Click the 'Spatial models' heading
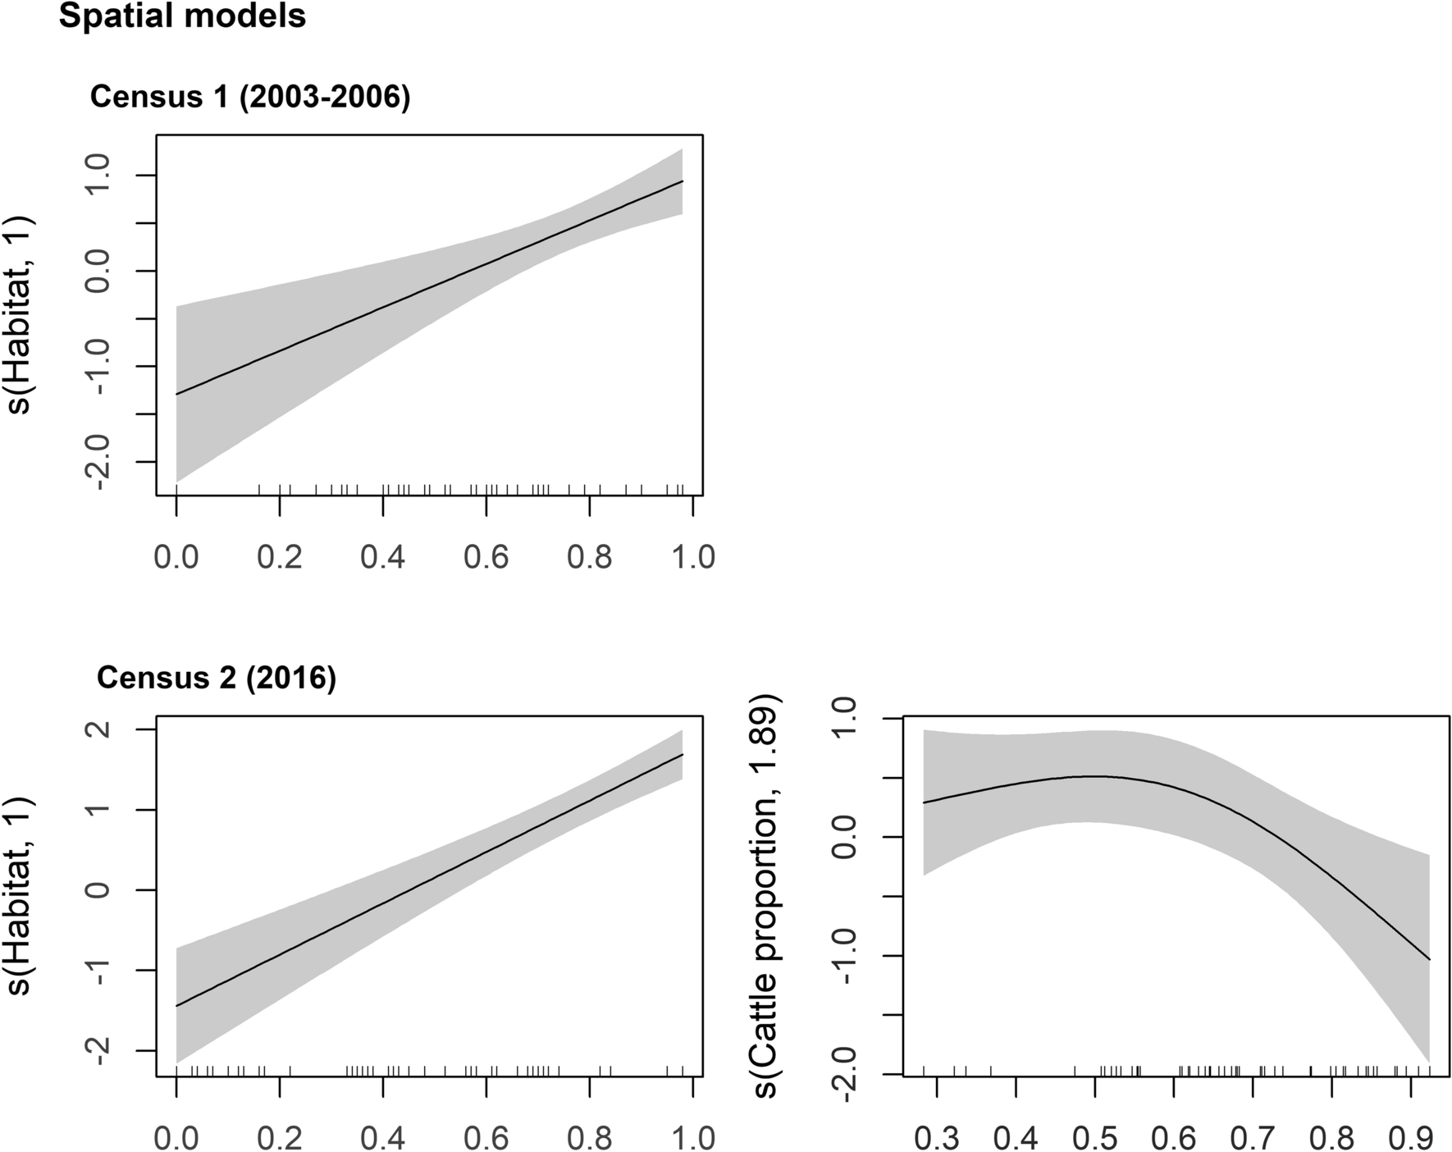(182, 16)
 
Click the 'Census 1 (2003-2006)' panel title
(250, 97)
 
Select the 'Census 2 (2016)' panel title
(217, 678)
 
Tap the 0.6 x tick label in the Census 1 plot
(486, 557)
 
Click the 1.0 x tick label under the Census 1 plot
(693, 557)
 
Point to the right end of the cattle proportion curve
(1430, 959)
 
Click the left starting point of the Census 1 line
(177, 394)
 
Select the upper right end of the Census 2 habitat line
(683, 755)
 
